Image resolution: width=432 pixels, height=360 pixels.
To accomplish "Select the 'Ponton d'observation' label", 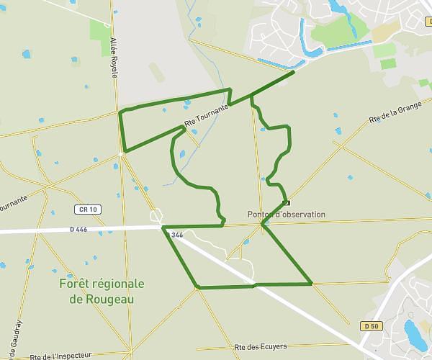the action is click(286, 215).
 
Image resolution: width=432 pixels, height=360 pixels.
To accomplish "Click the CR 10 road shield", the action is click(86, 210).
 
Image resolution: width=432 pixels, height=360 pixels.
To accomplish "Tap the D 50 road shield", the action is click(372, 326).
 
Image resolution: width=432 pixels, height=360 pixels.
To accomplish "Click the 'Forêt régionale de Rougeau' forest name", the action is click(102, 291).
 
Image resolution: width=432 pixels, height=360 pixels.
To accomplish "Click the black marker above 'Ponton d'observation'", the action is click(287, 202).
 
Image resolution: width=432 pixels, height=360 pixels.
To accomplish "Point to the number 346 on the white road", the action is click(177, 235).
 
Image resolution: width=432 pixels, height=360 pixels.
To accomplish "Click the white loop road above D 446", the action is click(156, 215).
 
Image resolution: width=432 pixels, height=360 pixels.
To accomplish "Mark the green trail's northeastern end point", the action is click(294, 71).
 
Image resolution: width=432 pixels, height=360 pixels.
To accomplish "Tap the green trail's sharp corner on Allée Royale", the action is click(124, 151).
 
